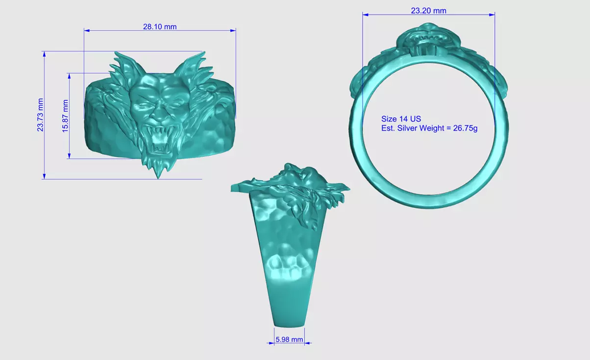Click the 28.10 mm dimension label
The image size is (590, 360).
pyautogui.click(x=160, y=27)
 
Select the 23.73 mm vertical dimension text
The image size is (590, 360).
pyautogui.click(x=41, y=115)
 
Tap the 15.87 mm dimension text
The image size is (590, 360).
pyautogui.click(x=65, y=116)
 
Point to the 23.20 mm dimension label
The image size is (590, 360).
pyautogui.click(x=428, y=11)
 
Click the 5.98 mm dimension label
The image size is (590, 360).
pyautogui.click(x=290, y=339)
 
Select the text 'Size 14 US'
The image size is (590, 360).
pyautogui.click(x=401, y=119)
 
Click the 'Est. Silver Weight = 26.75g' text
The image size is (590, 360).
pyautogui.click(x=429, y=128)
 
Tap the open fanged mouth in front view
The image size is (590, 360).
pyautogui.click(x=159, y=142)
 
